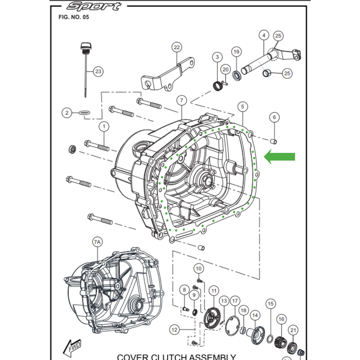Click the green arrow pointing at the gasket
pos(279,157)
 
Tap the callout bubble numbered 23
pos(98,71)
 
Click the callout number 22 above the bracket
pos(176,47)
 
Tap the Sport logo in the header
pos(93,6)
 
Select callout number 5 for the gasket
pos(243,107)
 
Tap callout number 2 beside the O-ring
pos(67,112)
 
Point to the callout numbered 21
pos(293,331)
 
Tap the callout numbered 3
pos(217,57)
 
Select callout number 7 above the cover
pos(181,99)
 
